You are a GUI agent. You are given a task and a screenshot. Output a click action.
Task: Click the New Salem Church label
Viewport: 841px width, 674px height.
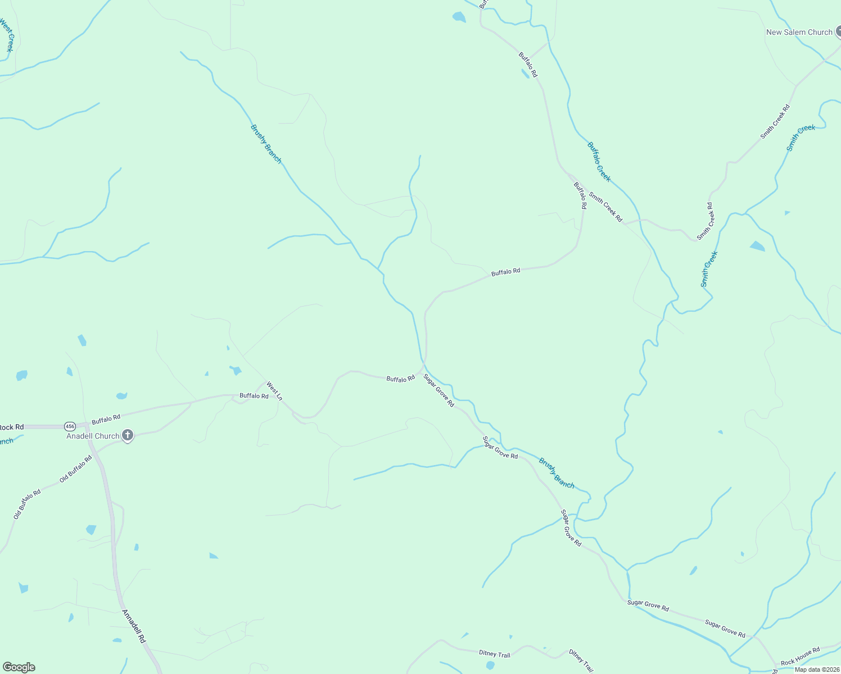tap(799, 33)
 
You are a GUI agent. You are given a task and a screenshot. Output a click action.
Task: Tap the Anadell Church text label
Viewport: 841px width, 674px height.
tap(93, 436)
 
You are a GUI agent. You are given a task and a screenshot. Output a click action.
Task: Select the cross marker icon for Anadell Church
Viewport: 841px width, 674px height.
tap(128, 435)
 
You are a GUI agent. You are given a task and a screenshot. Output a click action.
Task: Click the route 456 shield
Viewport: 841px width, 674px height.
tap(70, 426)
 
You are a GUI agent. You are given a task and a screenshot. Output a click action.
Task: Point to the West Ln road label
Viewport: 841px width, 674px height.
tap(274, 391)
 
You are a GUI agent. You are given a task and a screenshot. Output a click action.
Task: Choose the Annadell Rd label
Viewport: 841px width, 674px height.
tap(134, 626)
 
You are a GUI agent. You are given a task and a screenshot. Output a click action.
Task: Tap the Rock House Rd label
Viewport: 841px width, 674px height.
tap(800, 654)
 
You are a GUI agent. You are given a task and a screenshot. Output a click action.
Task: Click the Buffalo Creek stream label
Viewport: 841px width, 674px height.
tap(599, 162)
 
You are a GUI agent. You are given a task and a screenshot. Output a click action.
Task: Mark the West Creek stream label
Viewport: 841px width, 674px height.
tap(7, 35)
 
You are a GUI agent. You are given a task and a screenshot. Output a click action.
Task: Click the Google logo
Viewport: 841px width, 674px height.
tap(19, 667)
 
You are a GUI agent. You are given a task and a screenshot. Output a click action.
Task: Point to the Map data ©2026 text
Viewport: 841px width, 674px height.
tap(817, 669)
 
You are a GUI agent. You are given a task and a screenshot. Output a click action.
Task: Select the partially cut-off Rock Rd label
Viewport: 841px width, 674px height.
tap(11, 427)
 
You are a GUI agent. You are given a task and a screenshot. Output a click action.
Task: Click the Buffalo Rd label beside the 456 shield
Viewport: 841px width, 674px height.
tap(106, 418)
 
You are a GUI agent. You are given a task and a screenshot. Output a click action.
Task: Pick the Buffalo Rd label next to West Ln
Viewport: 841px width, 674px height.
tap(254, 396)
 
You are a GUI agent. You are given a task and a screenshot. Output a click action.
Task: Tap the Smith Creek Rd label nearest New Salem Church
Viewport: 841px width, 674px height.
tap(775, 122)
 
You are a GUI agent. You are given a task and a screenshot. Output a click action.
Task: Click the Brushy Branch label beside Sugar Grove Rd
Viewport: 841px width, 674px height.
tap(557, 473)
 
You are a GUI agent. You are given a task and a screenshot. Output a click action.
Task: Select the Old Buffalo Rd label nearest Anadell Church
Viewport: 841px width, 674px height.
tap(75, 470)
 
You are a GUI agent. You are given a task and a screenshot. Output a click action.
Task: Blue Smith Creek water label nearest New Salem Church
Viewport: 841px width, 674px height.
tap(801, 138)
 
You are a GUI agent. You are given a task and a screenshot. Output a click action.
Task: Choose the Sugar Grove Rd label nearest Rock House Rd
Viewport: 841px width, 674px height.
tap(725, 628)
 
